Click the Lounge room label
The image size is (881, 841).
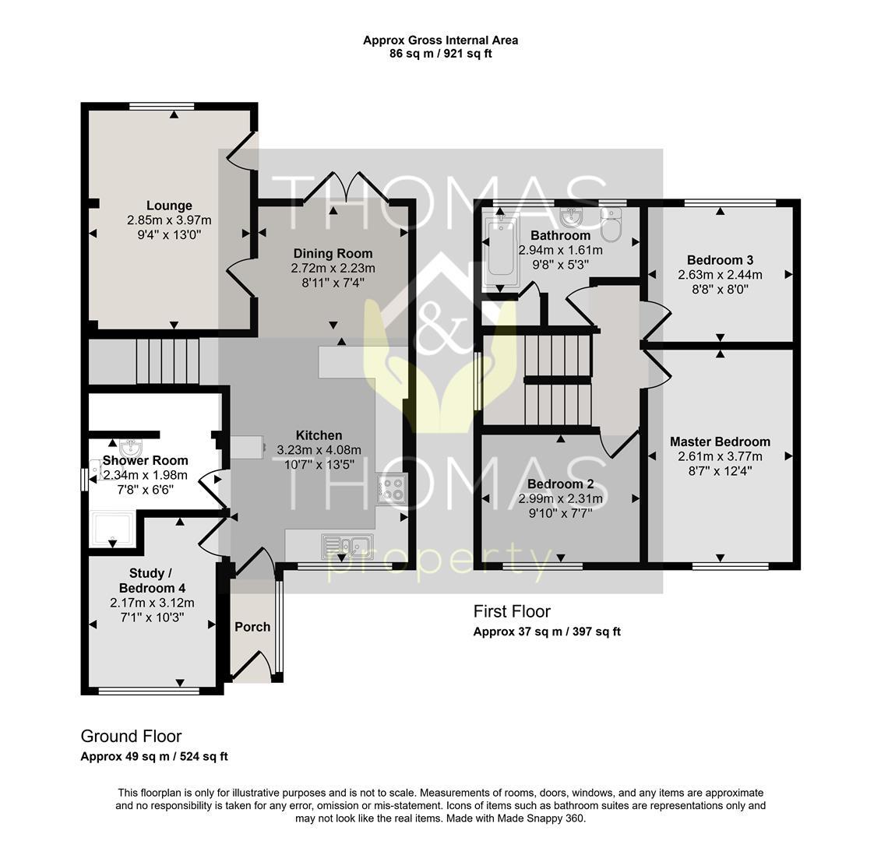tap(169, 206)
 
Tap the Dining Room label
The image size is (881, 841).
tap(333, 253)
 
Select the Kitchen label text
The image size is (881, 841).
tap(319, 435)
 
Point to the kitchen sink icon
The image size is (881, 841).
tap(347, 547)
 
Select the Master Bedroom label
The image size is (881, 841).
tap(720, 442)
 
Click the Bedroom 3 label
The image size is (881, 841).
tap(720, 260)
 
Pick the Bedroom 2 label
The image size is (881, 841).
tap(560, 484)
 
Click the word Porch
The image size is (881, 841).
tap(252, 627)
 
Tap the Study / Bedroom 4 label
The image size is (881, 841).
tap(152, 580)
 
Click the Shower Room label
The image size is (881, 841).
tap(145, 461)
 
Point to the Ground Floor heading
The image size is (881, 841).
tap(131, 736)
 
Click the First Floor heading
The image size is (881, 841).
tap(512, 611)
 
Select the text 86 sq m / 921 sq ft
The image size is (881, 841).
tap(441, 54)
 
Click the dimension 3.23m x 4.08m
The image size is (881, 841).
tap(319, 450)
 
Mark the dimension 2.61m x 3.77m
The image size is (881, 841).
tap(720, 457)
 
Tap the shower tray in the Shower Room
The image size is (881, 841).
tap(112, 529)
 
